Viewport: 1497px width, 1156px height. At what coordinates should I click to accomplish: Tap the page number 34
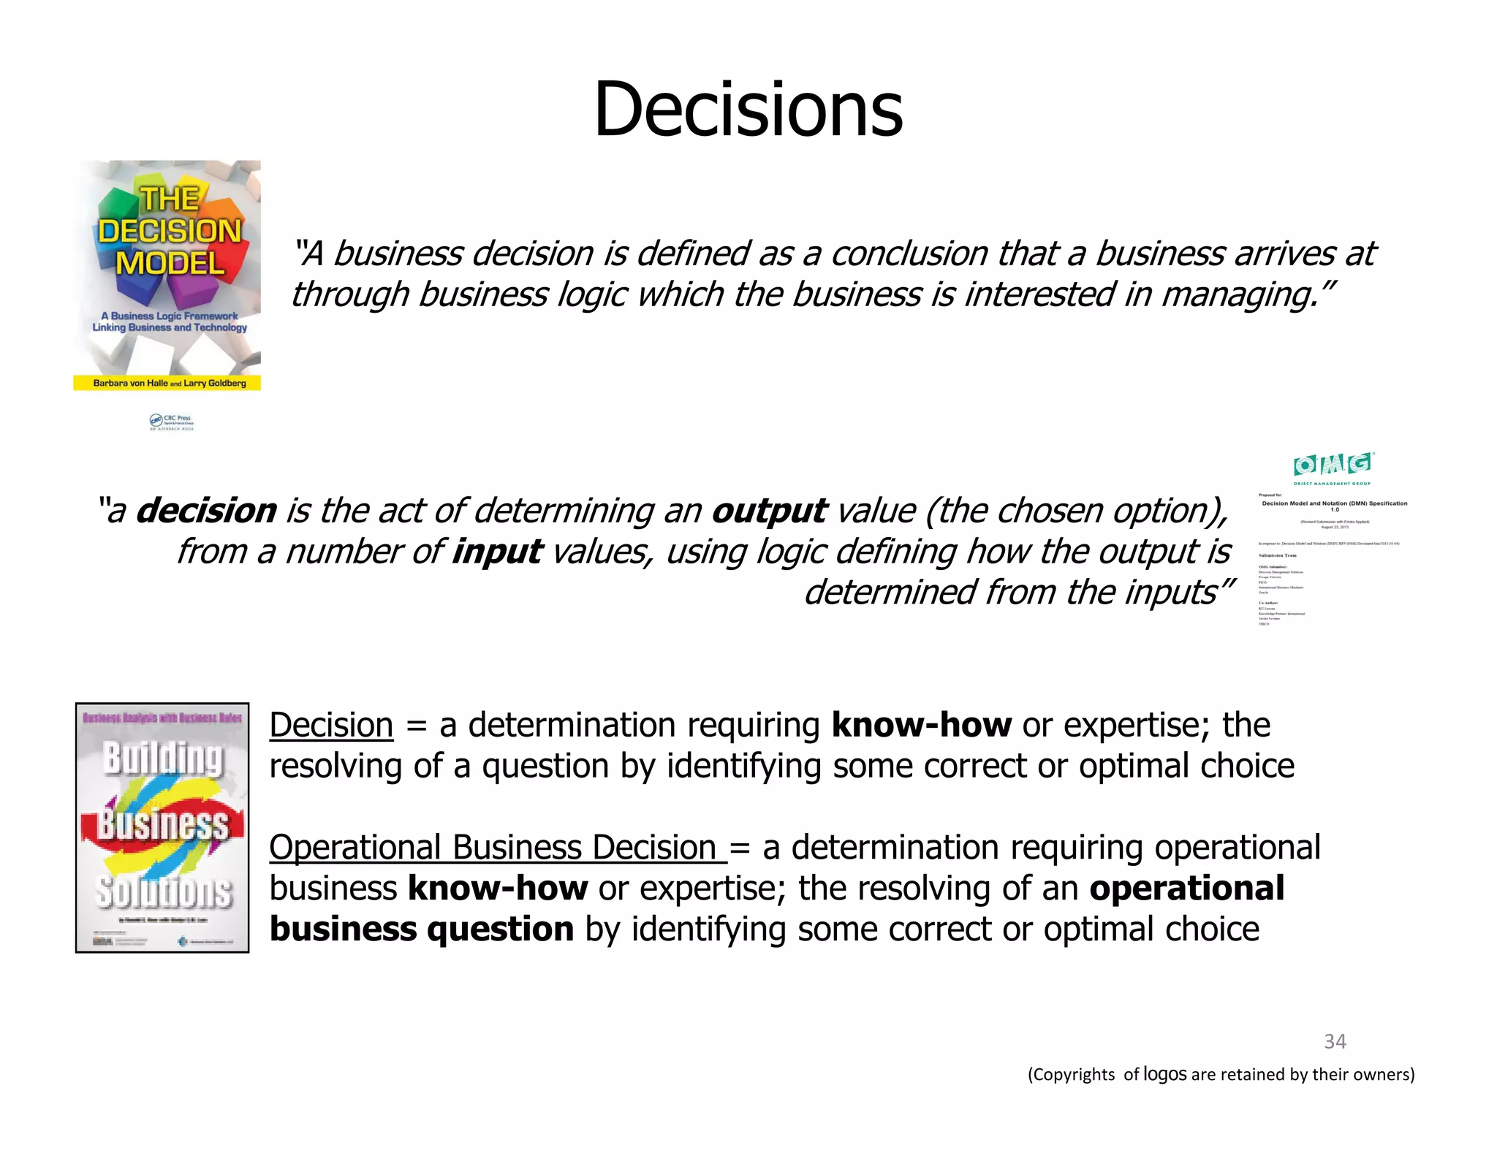[x=1335, y=1041]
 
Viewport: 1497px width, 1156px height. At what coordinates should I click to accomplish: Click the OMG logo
[x=1333, y=466]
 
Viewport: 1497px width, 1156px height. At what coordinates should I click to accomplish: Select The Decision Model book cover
[x=167, y=275]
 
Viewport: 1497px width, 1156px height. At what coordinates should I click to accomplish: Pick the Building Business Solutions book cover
[x=162, y=827]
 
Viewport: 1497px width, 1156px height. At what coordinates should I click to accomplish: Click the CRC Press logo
[x=172, y=422]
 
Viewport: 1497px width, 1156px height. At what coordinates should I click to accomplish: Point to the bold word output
[x=769, y=511]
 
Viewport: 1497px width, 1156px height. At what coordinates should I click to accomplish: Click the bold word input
[x=497, y=552]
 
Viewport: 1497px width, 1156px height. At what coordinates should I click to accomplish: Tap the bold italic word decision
[x=207, y=511]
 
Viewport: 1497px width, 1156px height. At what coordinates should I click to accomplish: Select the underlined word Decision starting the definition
[x=331, y=726]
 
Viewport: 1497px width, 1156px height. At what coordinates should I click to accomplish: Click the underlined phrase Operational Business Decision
[x=497, y=848]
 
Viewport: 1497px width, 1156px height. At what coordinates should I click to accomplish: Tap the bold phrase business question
[x=422, y=929]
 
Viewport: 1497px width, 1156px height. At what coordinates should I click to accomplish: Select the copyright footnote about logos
[x=1221, y=1074]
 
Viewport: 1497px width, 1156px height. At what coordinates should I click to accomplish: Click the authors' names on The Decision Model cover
[x=170, y=383]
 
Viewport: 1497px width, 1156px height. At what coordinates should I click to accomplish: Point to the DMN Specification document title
[x=1334, y=503]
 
